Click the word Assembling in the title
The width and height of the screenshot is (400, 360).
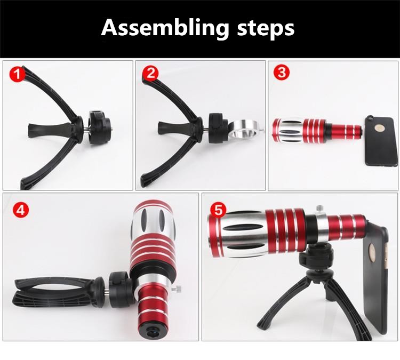click(x=165, y=28)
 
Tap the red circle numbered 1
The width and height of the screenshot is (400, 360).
click(x=18, y=75)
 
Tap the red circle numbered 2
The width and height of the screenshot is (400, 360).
click(x=150, y=74)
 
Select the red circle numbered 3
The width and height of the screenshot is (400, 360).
click(x=282, y=72)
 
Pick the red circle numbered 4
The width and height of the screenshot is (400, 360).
click(x=21, y=211)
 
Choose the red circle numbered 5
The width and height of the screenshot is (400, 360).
click(x=218, y=211)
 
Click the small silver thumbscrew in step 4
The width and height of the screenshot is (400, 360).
click(x=177, y=289)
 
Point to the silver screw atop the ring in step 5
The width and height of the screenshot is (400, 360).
click(x=319, y=209)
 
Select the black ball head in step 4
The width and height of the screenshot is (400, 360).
click(x=121, y=288)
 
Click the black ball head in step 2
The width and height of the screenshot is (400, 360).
click(x=218, y=127)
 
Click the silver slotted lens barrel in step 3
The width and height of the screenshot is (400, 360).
click(x=290, y=130)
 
